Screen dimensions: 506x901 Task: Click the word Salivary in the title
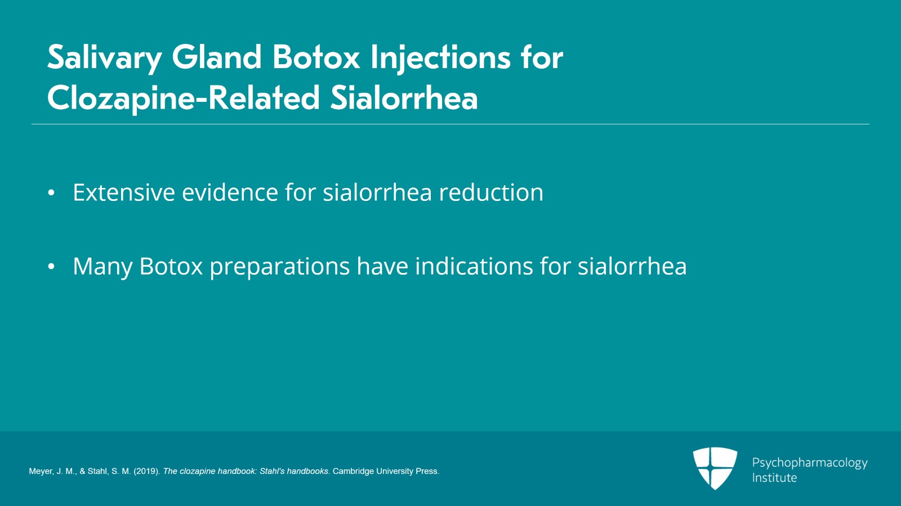pos(104,58)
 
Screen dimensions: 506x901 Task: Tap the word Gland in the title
pos(217,57)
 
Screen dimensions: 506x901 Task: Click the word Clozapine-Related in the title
pos(184,98)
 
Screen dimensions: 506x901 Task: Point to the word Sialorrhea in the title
pos(404,98)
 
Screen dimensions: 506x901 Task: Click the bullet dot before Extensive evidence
pos(51,193)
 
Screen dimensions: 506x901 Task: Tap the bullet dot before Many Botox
pos(51,267)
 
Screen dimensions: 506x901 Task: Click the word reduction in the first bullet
pos(491,192)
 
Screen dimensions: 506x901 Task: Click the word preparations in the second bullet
pos(279,267)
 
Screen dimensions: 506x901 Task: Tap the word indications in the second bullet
pos(474,266)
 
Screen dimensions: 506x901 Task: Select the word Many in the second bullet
pos(102,267)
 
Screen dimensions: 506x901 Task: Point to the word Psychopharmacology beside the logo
pos(809,463)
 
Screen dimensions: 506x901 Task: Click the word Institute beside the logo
pos(774,478)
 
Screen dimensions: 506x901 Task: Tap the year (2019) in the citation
pos(146,471)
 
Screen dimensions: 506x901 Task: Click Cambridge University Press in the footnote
pos(386,471)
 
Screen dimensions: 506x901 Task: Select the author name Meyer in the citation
pos(41,471)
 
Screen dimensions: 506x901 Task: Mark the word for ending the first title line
pos(541,58)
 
